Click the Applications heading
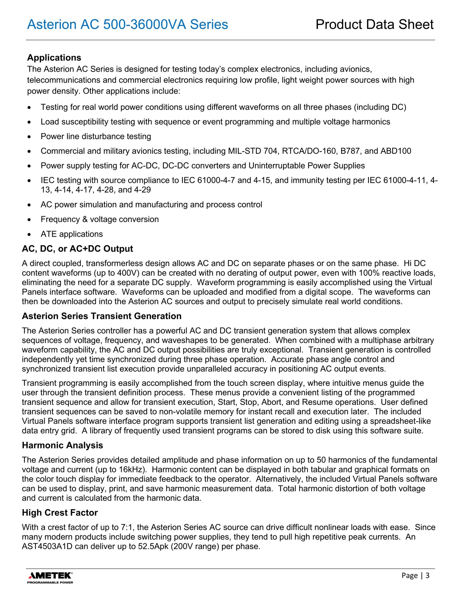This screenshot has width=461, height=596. [x=54, y=58]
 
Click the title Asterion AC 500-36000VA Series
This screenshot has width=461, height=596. [x=127, y=24]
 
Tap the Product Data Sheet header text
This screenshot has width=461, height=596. [x=374, y=24]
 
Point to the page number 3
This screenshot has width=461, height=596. [x=427, y=576]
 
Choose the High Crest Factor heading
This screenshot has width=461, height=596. [x=60, y=513]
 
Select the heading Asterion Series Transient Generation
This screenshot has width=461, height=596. [x=102, y=316]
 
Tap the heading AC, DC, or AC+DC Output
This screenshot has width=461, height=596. [x=77, y=249]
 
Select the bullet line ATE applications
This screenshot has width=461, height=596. [x=72, y=234]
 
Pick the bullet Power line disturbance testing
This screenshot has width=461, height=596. [x=96, y=136]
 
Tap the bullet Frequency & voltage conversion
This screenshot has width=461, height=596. [x=100, y=219]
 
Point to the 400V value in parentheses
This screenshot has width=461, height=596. [x=126, y=273]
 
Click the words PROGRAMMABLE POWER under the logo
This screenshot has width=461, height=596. [x=50, y=583]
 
